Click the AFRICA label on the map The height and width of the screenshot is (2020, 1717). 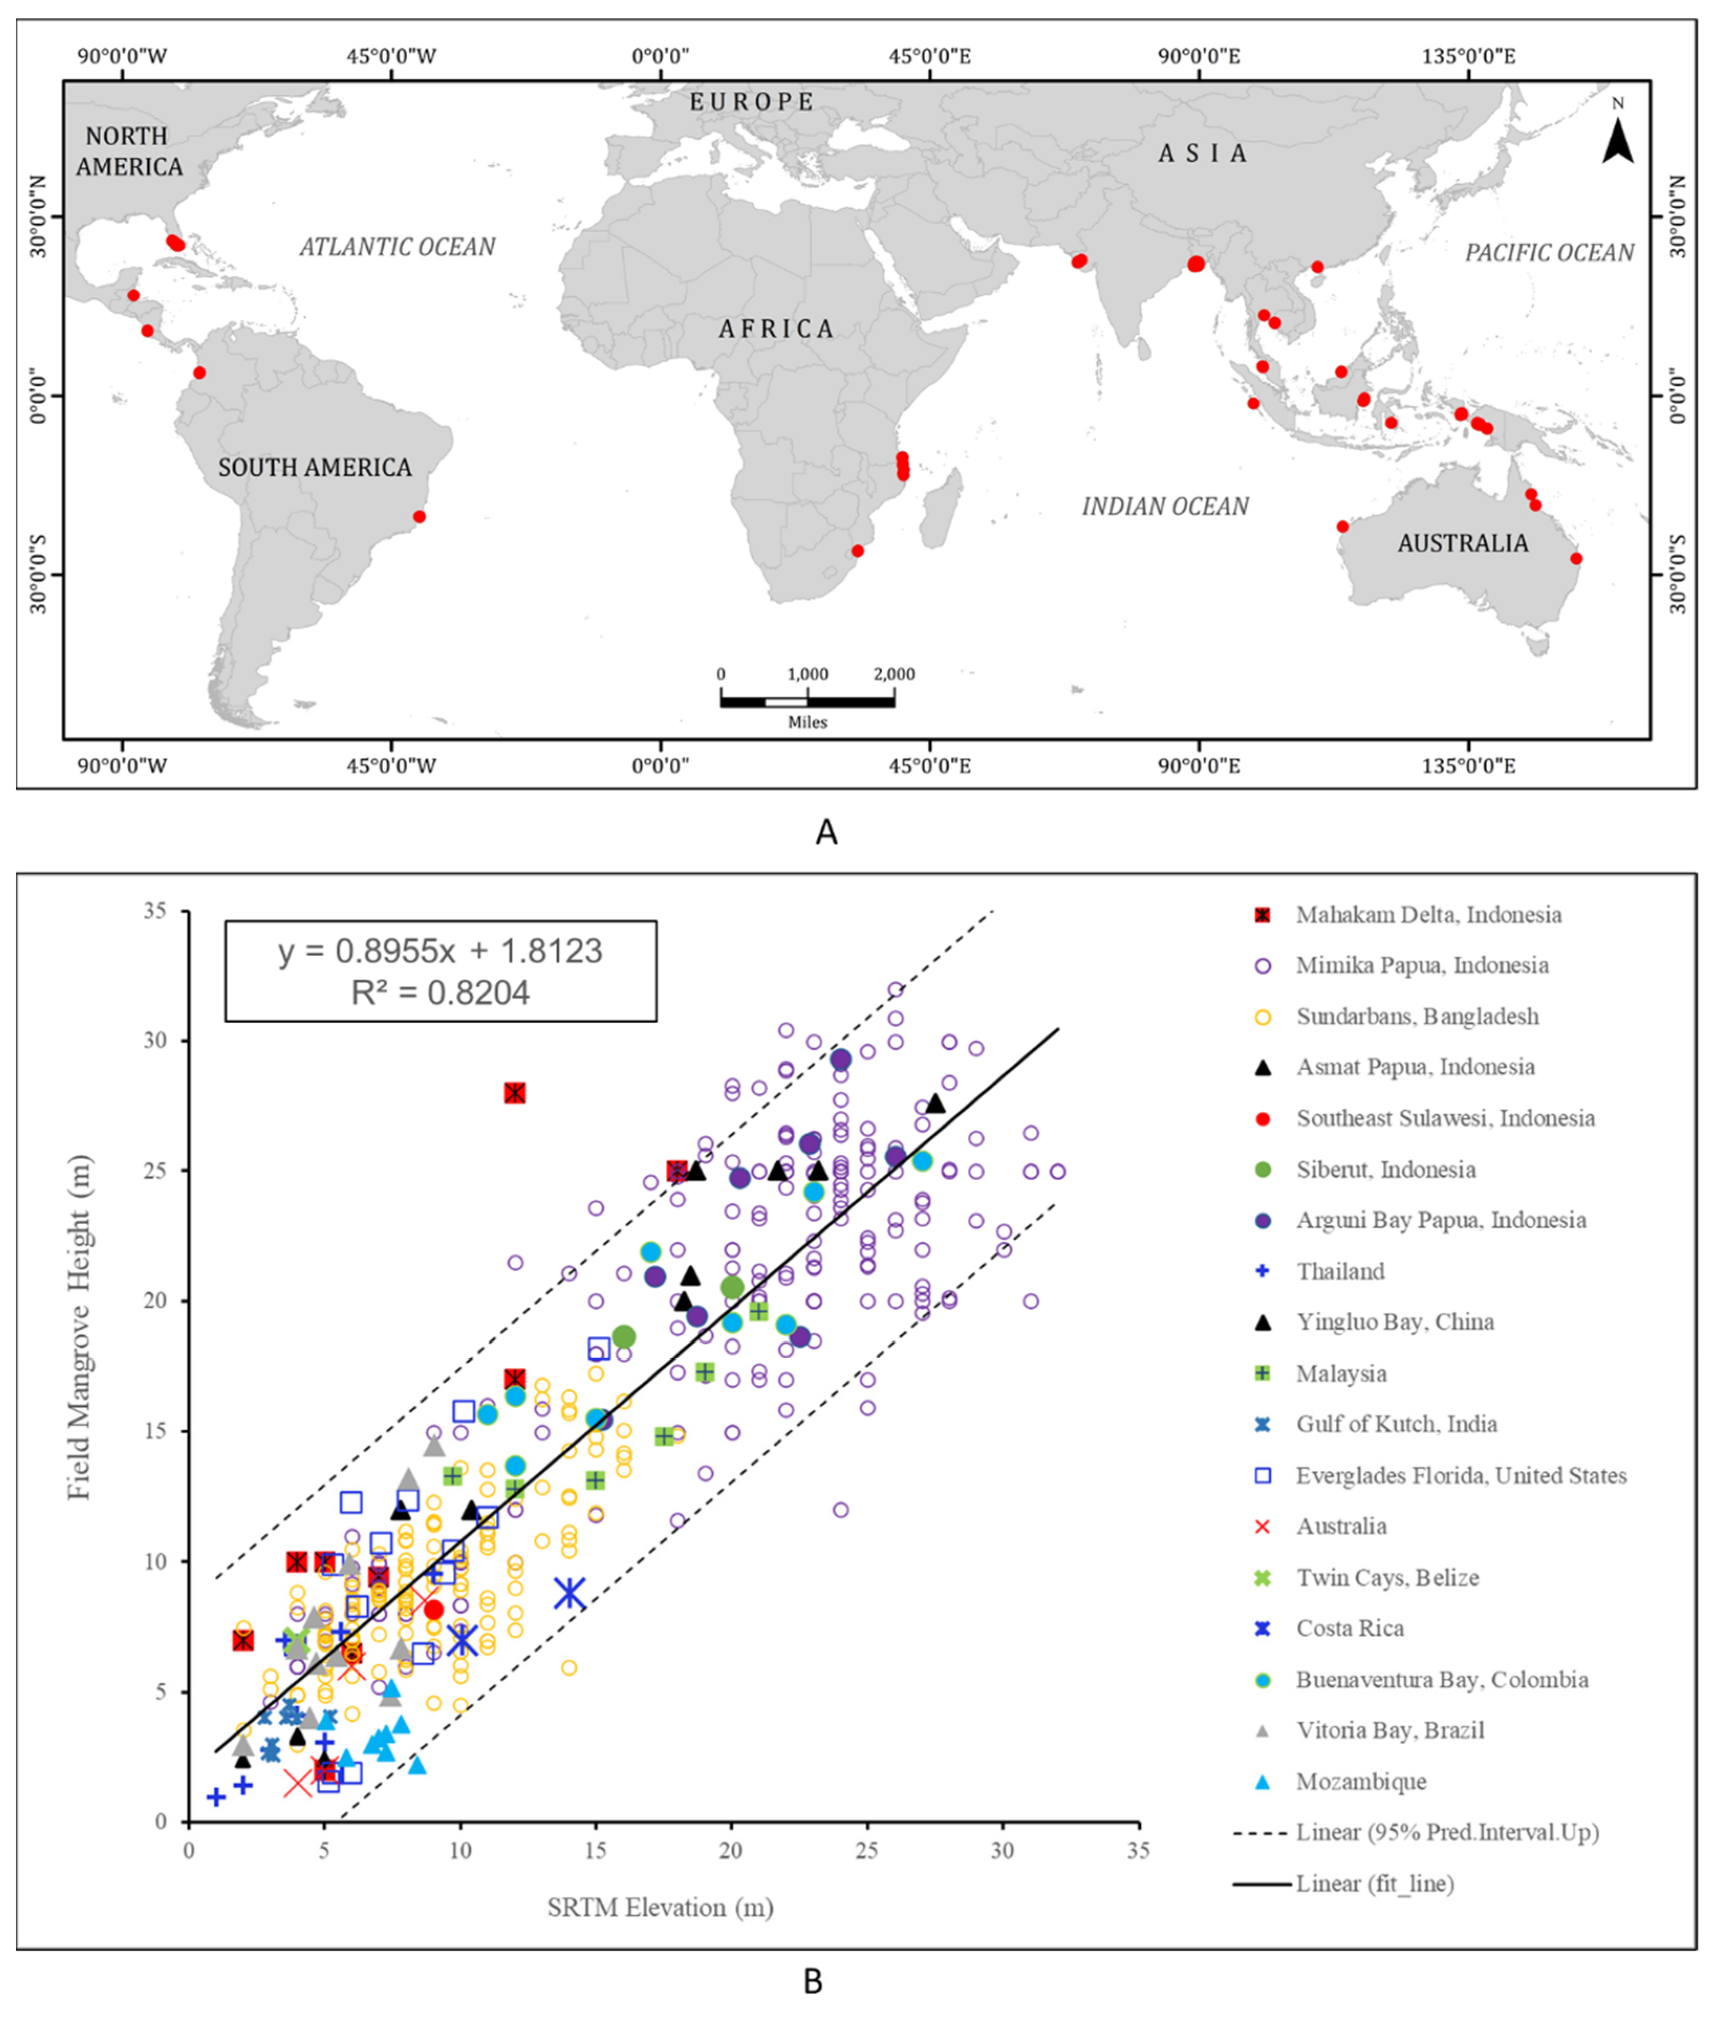(x=776, y=329)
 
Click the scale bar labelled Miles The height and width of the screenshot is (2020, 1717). (x=807, y=701)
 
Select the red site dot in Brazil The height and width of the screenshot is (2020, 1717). (x=419, y=517)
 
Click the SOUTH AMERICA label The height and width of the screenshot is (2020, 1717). (x=315, y=468)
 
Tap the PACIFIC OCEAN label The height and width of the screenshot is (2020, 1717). (x=1549, y=253)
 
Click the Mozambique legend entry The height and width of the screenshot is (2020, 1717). (x=1360, y=1782)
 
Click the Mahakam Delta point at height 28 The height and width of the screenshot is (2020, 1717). (x=515, y=1093)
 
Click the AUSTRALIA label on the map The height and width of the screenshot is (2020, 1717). (x=1462, y=543)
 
